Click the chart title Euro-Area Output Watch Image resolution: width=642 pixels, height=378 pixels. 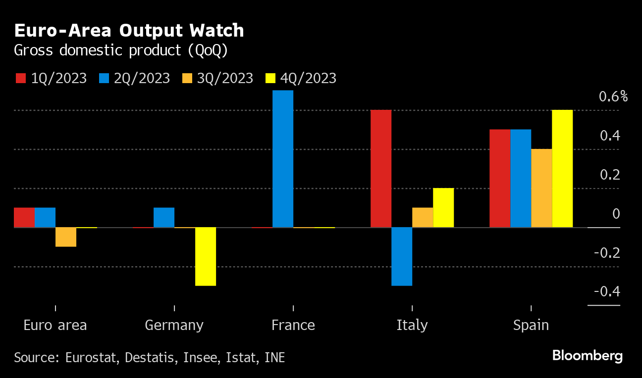pyautogui.click(x=129, y=31)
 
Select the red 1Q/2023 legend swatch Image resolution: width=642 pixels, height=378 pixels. pyautogui.click(x=20, y=78)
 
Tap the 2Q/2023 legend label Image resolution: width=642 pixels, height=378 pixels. pyautogui.click(x=142, y=78)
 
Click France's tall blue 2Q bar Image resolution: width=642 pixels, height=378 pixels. pyautogui.click(x=283, y=159)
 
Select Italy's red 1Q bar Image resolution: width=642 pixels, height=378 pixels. pyautogui.click(x=381, y=169)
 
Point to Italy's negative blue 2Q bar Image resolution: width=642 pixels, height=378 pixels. pyautogui.click(x=402, y=256)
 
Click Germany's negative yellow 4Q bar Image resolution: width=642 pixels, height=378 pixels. pyautogui.click(x=206, y=256)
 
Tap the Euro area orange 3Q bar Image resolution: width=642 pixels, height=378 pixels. pyautogui.click(x=66, y=237)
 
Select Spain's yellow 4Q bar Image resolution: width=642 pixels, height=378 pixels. pyautogui.click(x=562, y=169)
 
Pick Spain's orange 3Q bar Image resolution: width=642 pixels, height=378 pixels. pyautogui.click(x=541, y=188)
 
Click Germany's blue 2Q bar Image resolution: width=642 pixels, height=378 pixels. pyautogui.click(x=164, y=218)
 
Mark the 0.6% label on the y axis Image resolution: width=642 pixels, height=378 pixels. pyautogui.click(x=613, y=96)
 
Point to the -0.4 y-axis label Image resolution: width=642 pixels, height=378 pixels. pyautogui.click(x=607, y=291)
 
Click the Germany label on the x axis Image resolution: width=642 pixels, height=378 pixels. pyautogui.click(x=174, y=325)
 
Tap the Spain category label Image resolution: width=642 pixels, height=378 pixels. pyautogui.click(x=531, y=325)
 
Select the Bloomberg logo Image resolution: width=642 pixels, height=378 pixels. pyautogui.click(x=587, y=356)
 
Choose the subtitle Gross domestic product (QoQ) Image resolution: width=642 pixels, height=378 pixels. pyautogui.click(x=121, y=50)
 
